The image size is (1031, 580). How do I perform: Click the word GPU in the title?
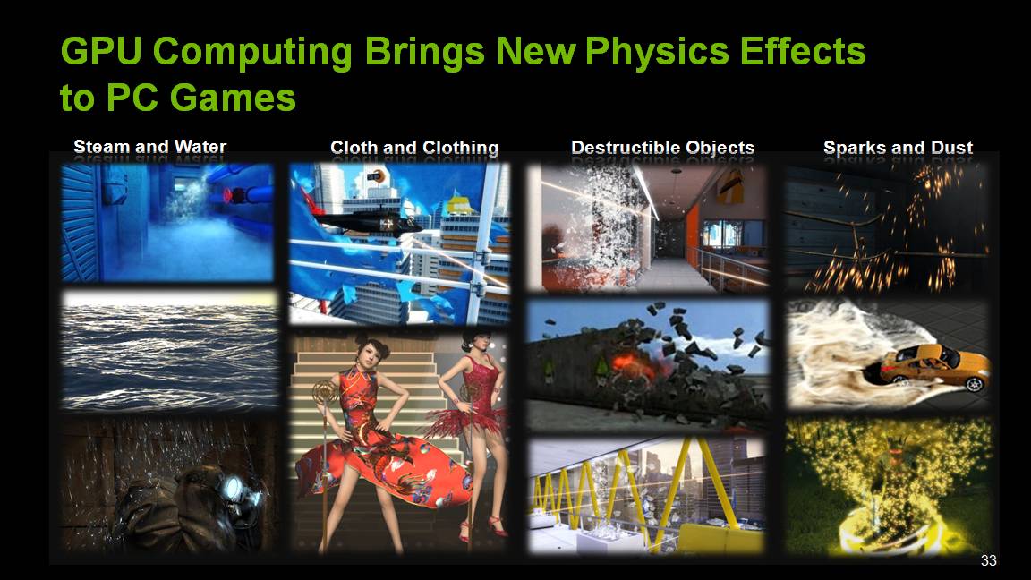coord(101,51)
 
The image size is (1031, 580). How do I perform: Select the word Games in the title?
coord(233,98)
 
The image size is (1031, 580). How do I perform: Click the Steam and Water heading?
coord(150,147)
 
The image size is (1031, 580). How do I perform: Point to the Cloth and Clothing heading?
coord(414,148)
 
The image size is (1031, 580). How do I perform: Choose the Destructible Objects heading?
coord(662,148)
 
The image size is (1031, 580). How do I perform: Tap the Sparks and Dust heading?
coord(898,148)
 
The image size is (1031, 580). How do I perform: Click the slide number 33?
coord(988,560)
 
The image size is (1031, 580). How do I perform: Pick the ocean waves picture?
coord(170,350)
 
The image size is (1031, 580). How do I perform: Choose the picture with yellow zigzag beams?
coord(647,495)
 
